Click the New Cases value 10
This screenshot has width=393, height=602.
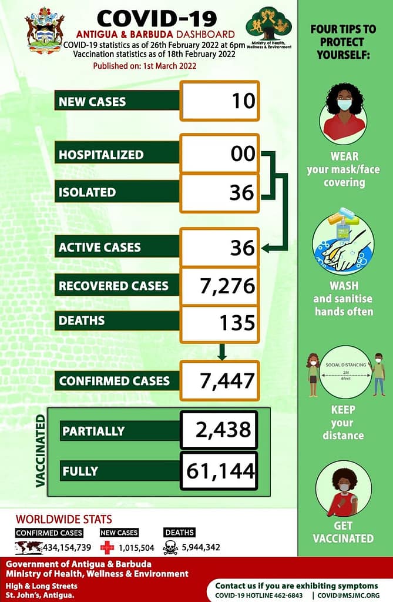point(243,101)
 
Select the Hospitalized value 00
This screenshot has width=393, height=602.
point(243,154)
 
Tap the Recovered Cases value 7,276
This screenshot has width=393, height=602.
point(227,286)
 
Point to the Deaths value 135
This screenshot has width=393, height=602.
point(237,322)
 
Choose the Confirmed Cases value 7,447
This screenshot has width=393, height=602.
point(227,380)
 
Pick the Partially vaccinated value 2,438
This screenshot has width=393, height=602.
point(225,430)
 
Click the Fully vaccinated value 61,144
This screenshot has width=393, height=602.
point(220,470)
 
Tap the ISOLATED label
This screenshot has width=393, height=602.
point(87,192)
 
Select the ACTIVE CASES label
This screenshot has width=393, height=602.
point(100,247)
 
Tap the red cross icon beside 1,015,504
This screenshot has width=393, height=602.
point(107,547)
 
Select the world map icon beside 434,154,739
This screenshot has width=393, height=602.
point(28,547)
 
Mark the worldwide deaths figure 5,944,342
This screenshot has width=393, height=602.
point(201,548)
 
